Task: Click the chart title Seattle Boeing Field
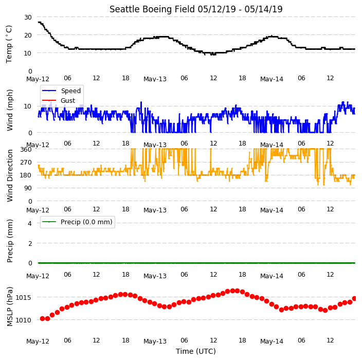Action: (152, 9)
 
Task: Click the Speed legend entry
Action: (61, 91)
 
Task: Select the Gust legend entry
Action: (59, 100)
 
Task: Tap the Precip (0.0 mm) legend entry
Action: (77, 222)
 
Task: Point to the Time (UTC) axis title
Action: (196, 351)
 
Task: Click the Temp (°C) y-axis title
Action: (9, 44)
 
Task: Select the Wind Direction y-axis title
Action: (10, 175)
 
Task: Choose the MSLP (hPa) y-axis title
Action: (10, 307)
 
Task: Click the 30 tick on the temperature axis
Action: (28, 17)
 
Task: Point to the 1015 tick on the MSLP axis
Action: (23, 297)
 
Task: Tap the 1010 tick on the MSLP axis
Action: (23, 320)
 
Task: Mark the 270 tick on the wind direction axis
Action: (26, 163)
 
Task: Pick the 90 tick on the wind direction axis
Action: (28, 188)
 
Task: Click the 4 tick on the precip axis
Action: (30, 223)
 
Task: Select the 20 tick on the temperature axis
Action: (28, 35)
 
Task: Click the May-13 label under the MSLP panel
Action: (155, 341)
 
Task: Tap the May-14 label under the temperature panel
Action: (271, 79)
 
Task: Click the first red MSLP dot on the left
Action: (43, 319)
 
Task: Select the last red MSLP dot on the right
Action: (355, 299)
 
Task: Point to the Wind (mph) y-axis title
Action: (10, 110)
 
